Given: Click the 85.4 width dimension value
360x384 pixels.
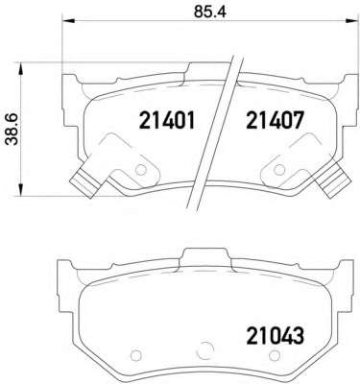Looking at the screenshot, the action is point(210,12).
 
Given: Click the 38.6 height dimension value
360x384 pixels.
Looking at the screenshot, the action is point(13,130).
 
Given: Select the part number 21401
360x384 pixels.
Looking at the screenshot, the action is point(167,121).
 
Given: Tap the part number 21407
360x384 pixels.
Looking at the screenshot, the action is point(275,121).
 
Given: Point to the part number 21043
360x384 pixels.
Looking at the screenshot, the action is point(275,336).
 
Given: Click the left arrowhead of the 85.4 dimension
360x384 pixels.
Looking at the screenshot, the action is point(68,21).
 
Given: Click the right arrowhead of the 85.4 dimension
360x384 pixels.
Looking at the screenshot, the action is point(349,21).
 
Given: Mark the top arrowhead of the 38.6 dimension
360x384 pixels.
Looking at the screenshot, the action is point(21,69).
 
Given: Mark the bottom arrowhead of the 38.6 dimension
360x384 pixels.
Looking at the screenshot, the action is point(21,189).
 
